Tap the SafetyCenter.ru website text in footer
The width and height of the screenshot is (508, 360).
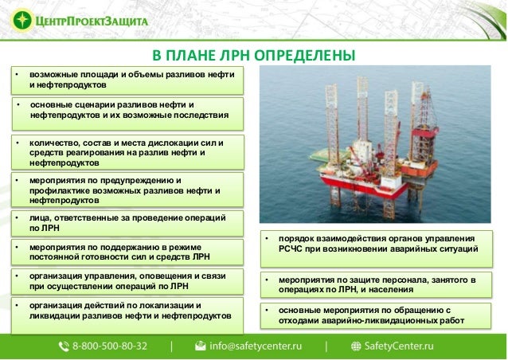tap(398, 347)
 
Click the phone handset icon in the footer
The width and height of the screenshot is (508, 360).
tap(64, 347)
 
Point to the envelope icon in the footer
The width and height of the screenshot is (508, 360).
tap(201, 347)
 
